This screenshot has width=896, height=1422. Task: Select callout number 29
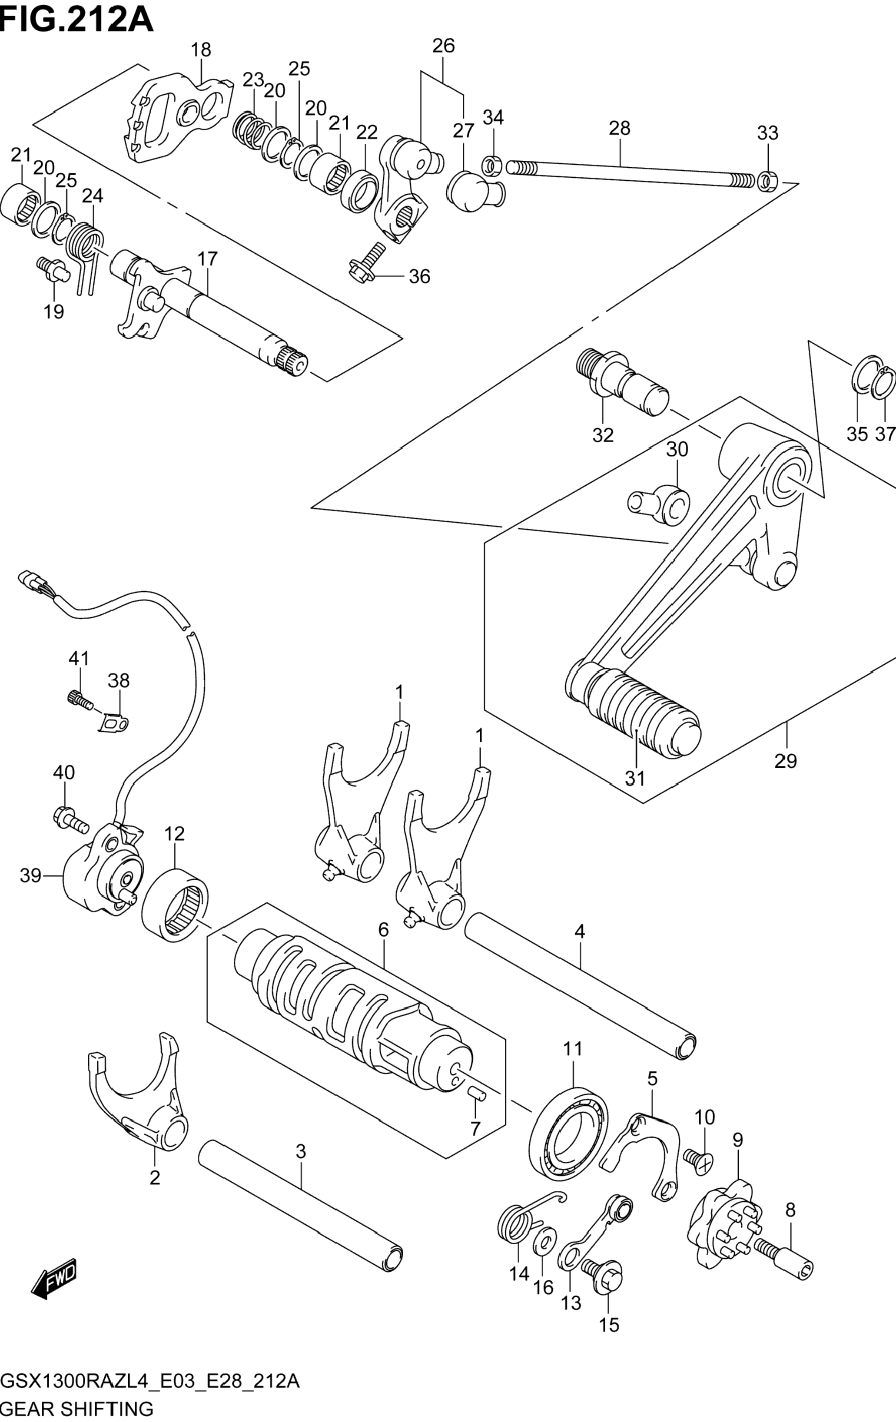[786, 761]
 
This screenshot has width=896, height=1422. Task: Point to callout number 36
[419, 276]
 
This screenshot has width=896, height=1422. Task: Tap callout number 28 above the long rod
[620, 128]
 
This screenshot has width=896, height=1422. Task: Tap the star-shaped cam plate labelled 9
[723, 1225]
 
